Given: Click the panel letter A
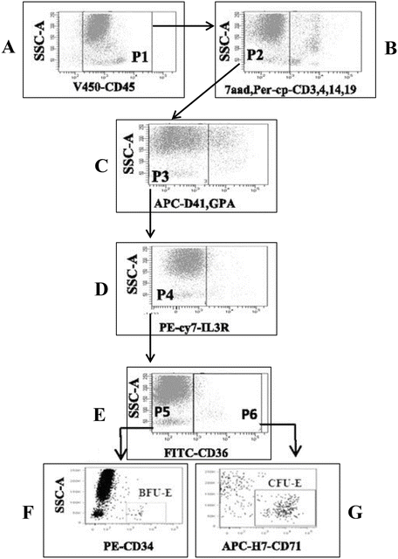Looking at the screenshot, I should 11,50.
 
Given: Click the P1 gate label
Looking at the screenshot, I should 138,55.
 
